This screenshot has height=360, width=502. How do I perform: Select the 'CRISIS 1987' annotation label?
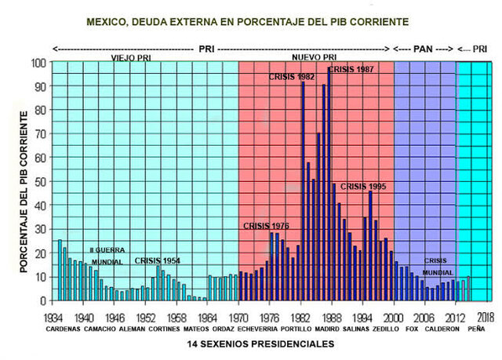pyautogui.click(x=350, y=70)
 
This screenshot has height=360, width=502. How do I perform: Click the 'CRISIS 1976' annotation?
pyautogui.click(x=266, y=226)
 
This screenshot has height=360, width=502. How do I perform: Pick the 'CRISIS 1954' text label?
pyautogui.click(x=158, y=260)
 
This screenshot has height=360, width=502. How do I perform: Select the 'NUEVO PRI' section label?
pyautogui.click(x=314, y=58)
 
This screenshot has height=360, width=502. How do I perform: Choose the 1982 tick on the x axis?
pyautogui.click(x=301, y=319)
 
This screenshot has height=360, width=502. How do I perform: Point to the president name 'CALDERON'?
pyautogui.click(x=440, y=330)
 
